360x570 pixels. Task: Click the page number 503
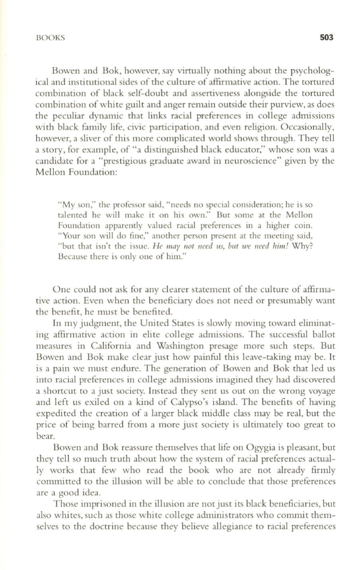point(325,38)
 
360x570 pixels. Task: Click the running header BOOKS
point(50,38)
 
